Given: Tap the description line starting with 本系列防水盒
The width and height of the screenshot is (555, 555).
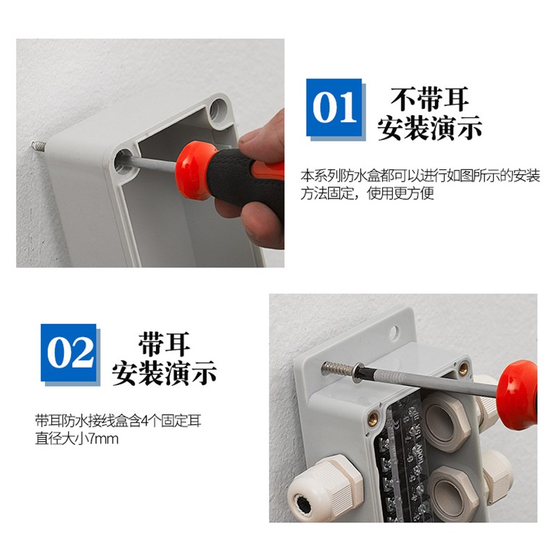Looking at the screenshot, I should pyautogui.click(x=420, y=176).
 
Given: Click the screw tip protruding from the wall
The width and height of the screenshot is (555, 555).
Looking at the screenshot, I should pyautogui.click(x=36, y=146).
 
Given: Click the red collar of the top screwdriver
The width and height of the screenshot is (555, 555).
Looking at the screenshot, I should pyautogui.click(x=195, y=170).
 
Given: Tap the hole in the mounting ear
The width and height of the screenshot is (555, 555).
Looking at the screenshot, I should pyautogui.click(x=394, y=333).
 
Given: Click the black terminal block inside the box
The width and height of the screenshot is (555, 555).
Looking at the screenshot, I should pyautogui.click(x=402, y=465).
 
